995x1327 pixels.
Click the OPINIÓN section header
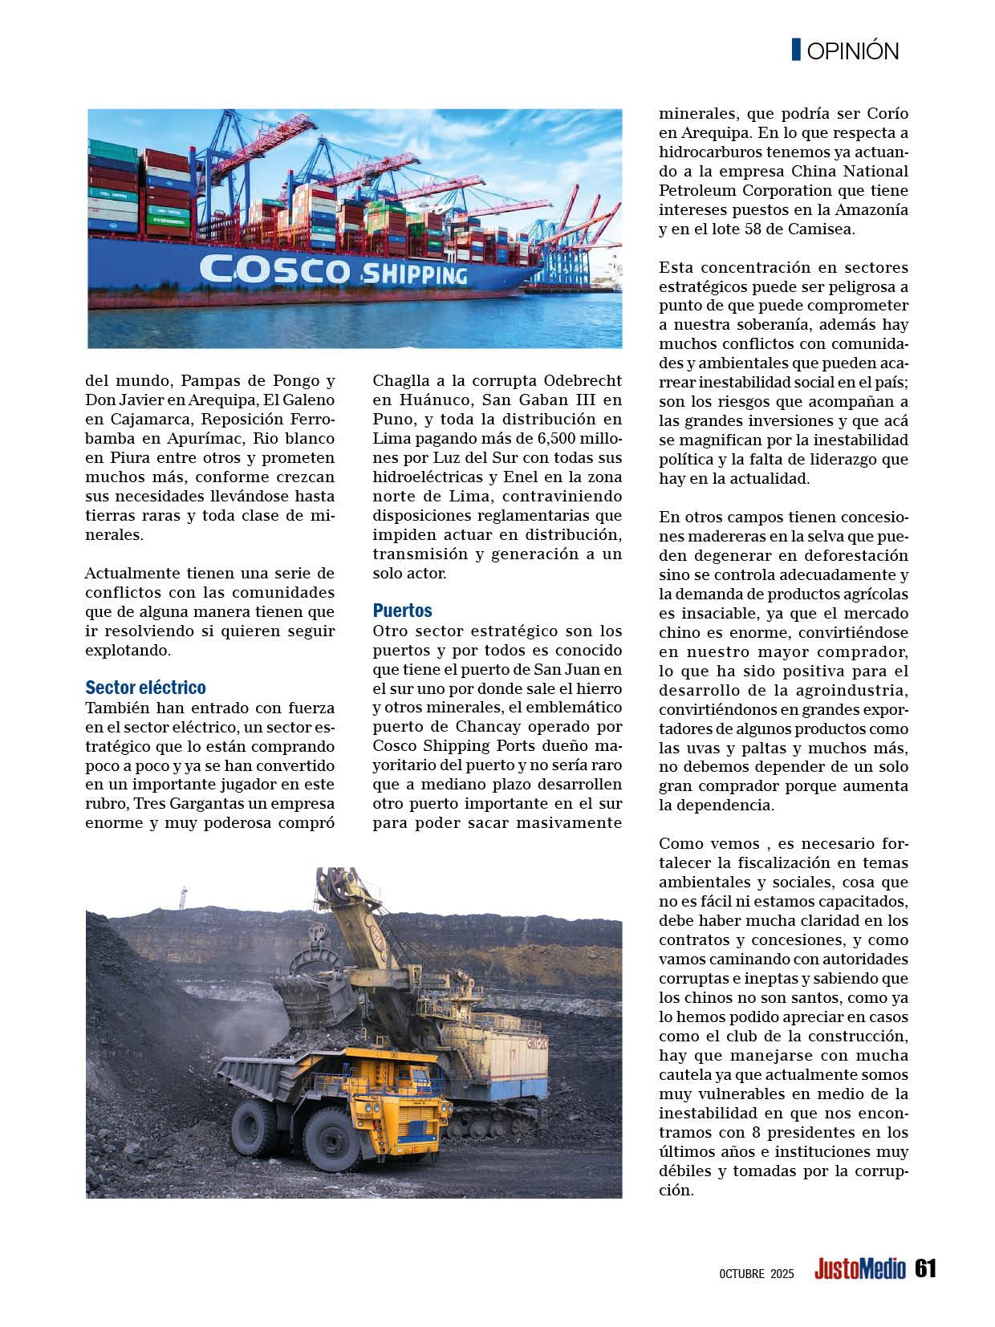(852, 51)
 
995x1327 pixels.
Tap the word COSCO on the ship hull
(273, 269)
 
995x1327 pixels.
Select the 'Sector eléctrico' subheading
(145, 688)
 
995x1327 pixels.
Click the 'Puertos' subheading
(403, 610)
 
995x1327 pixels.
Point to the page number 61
(924, 1268)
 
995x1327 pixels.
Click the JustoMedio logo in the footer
(859, 1269)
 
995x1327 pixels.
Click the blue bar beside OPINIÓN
(796, 50)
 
